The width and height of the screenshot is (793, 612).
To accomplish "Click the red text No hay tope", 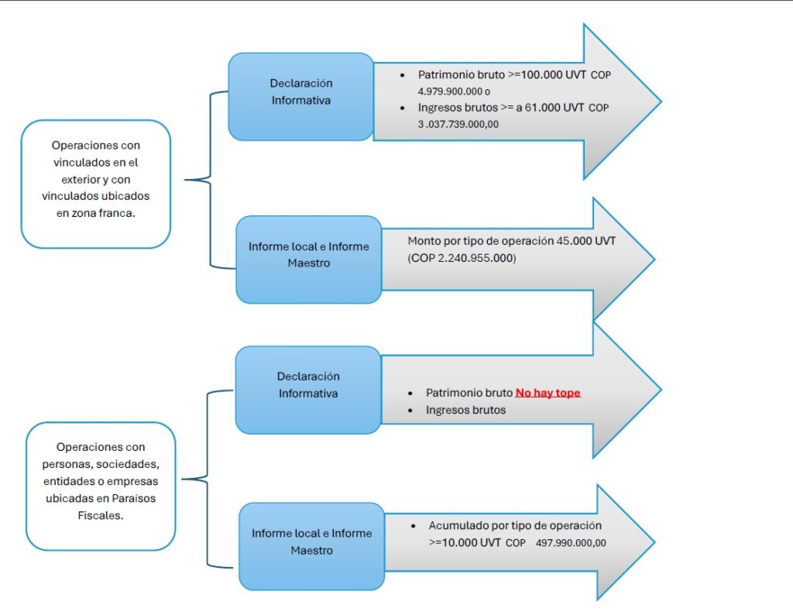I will [x=548, y=393].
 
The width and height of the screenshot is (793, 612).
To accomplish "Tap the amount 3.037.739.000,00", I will [x=458, y=123].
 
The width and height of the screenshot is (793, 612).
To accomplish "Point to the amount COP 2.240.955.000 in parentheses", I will [x=462, y=258].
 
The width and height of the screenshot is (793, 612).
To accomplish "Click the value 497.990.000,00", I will [x=571, y=543].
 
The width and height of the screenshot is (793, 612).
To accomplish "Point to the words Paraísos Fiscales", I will [x=101, y=507].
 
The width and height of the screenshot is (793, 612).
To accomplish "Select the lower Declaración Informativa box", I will [x=308, y=385].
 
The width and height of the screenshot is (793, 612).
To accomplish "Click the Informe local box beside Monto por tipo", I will [x=308, y=255].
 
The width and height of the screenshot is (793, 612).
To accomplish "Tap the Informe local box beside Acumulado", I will [x=311, y=542].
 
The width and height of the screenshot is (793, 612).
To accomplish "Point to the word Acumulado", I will [x=455, y=525].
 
